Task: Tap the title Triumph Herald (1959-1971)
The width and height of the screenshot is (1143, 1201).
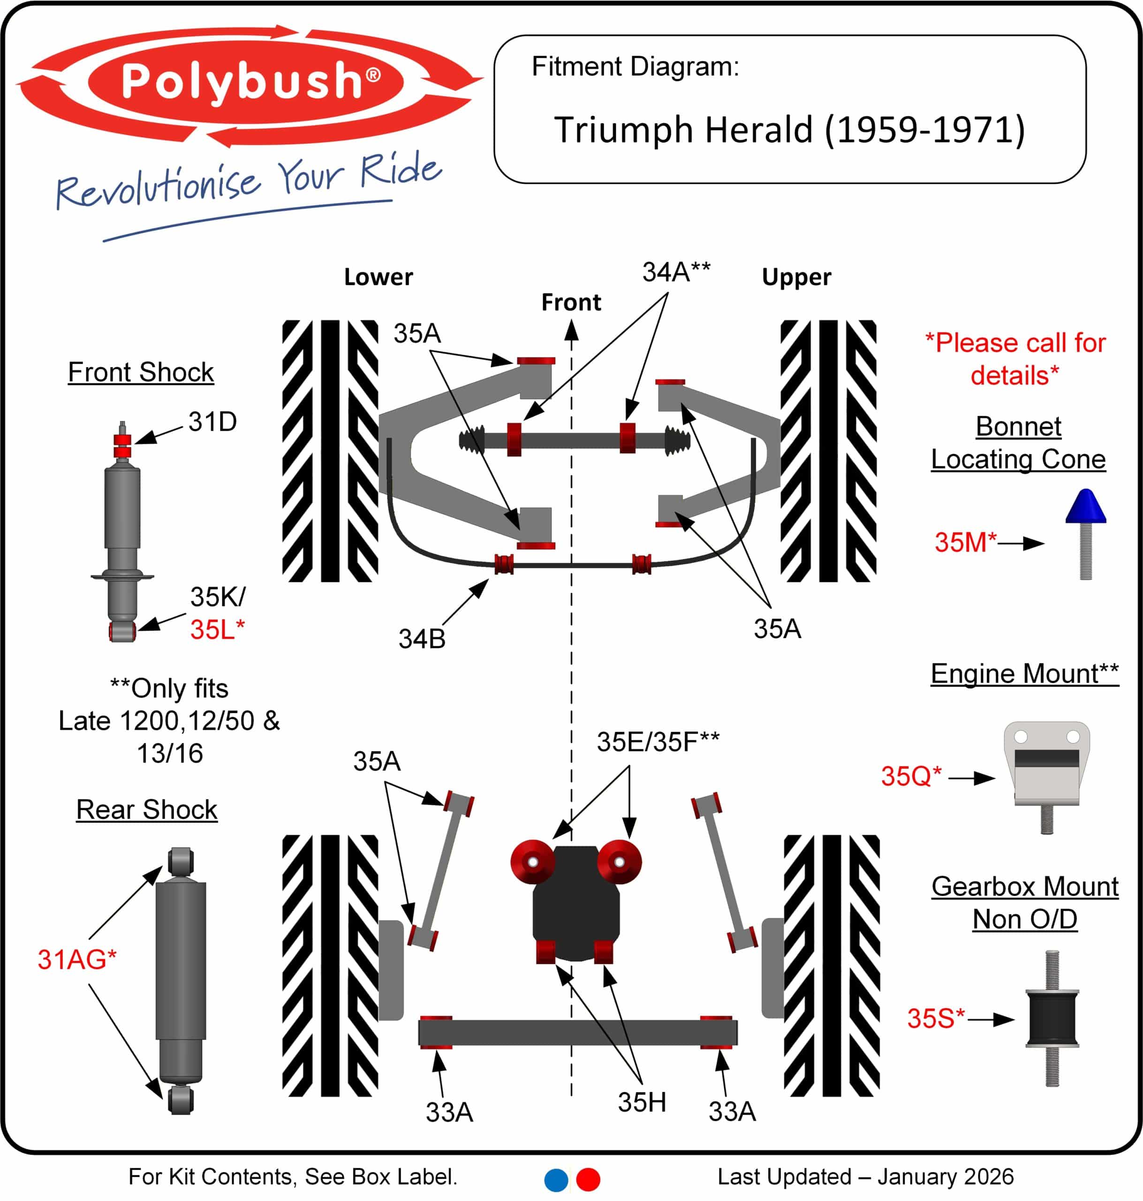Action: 789,130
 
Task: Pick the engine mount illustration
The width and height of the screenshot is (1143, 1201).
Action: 1047,768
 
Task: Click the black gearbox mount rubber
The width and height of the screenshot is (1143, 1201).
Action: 1052,1019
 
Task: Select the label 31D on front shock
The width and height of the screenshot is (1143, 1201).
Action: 212,422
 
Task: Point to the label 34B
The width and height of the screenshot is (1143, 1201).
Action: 422,639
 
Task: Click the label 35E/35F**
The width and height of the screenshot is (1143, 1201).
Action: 658,742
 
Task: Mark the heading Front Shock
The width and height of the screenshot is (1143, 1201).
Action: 141,372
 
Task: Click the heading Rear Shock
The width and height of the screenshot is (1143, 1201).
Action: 147,810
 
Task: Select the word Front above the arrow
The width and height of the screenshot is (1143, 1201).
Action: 571,302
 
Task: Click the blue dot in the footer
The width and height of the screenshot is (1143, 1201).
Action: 556,1180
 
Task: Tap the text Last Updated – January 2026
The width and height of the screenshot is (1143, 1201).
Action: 865,1177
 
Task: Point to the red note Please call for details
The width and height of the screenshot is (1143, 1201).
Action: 1015,359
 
